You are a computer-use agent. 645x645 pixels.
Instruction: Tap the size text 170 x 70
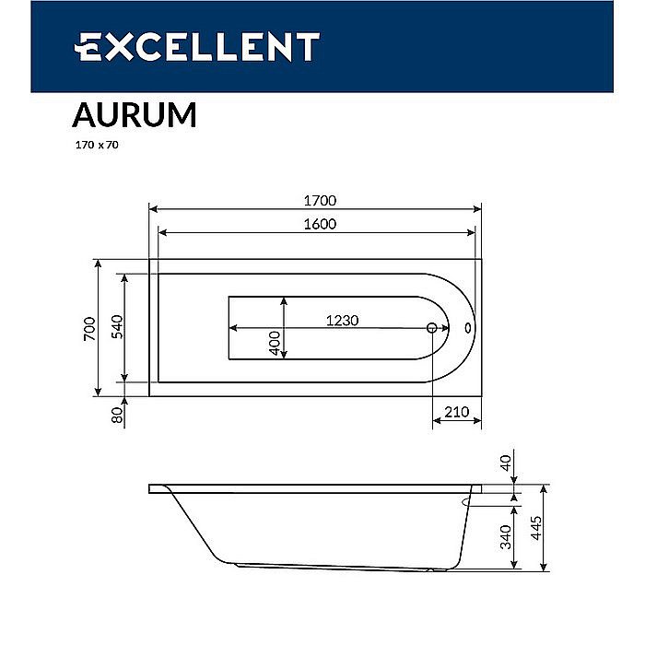click(x=95, y=145)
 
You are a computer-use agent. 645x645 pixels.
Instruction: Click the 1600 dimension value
click(x=317, y=224)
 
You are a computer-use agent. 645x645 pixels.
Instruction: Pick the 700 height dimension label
click(x=88, y=329)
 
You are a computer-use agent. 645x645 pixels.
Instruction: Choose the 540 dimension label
click(x=117, y=327)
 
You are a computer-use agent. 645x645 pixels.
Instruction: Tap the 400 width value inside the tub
click(x=275, y=342)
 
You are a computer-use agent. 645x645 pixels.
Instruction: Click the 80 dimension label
click(x=117, y=415)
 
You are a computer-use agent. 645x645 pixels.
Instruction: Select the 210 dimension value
click(x=457, y=412)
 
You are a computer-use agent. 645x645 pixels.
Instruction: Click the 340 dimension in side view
click(x=504, y=536)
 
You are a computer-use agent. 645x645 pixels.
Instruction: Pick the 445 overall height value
click(x=536, y=530)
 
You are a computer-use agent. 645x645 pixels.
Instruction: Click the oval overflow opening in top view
click(x=467, y=328)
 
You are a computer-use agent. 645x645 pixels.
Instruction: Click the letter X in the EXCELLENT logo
click(x=118, y=46)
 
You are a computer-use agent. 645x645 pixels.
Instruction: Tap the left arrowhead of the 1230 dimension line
click(x=233, y=328)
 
